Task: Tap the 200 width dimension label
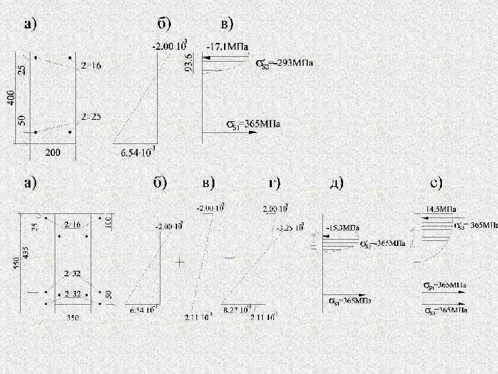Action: point(53,152)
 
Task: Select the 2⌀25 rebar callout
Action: point(91,116)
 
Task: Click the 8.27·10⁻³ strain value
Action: point(238,309)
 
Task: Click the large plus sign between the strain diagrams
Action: point(181,263)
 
